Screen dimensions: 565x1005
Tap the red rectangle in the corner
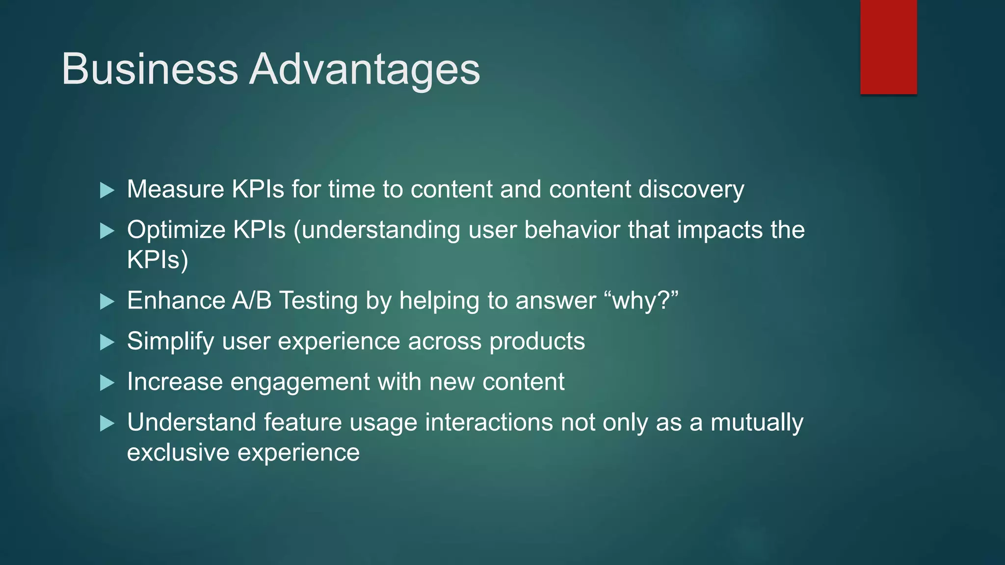point(888,47)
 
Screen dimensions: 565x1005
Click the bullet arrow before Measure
point(106,190)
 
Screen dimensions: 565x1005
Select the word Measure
point(175,189)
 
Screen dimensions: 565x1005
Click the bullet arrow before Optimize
point(106,231)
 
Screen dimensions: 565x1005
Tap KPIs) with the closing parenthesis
point(157,260)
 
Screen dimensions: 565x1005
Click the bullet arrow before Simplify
point(106,342)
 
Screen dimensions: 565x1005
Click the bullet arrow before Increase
point(106,383)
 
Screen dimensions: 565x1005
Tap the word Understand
point(191,422)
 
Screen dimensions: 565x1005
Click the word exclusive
point(178,452)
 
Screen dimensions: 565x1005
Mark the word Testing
point(318,300)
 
